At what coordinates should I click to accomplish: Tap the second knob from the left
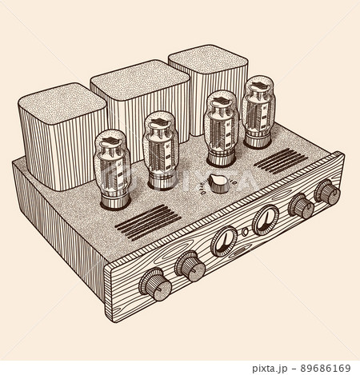click(x=190, y=265)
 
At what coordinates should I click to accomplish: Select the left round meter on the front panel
click(x=225, y=240)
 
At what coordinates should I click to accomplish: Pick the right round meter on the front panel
click(x=265, y=219)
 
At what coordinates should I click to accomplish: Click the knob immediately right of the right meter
click(x=300, y=205)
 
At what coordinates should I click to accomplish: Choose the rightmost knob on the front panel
click(x=326, y=192)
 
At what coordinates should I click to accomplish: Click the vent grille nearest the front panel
click(x=148, y=220)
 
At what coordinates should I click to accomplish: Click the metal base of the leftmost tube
click(x=112, y=200)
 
